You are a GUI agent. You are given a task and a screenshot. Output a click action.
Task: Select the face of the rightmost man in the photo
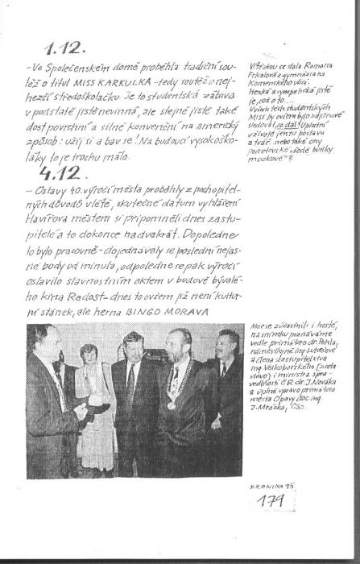coord(229,345)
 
